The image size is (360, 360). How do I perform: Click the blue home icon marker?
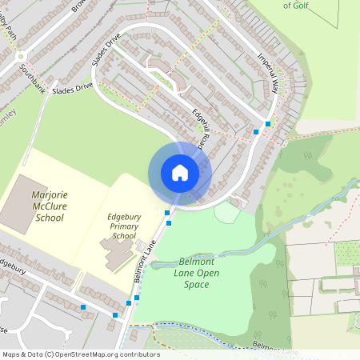(x=179, y=172)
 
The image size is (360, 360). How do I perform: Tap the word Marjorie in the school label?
(x=49, y=194)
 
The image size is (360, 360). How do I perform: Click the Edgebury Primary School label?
(x=124, y=226)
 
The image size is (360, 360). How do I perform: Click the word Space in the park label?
(x=196, y=284)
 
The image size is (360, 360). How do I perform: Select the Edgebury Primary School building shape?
(x=118, y=255)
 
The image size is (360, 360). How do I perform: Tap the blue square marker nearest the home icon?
(x=167, y=212)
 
